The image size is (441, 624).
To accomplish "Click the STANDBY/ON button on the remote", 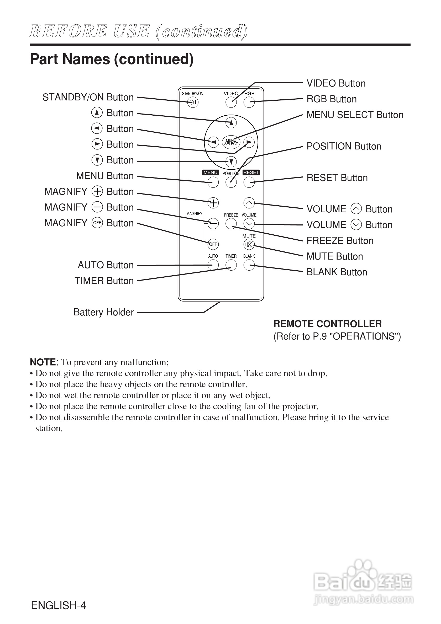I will [x=193, y=103].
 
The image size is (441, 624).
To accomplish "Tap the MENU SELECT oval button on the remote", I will [x=231, y=142].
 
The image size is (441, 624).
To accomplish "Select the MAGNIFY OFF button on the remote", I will [x=213, y=244].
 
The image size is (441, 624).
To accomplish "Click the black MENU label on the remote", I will [x=210, y=172].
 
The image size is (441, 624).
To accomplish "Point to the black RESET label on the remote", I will [x=251, y=172].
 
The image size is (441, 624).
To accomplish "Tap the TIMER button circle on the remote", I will [x=231, y=265].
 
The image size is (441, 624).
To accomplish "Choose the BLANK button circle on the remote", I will [x=249, y=265].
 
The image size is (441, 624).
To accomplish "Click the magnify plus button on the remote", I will [x=213, y=203].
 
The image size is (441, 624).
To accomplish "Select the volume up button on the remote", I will [x=249, y=203].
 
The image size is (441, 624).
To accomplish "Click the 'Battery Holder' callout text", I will [x=103, y=312].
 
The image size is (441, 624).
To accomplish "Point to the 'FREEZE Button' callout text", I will [x=340, y=241].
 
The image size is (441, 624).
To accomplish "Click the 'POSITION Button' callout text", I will [x=344, y=147].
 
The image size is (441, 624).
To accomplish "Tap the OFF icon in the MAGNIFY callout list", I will [x=97, y=223].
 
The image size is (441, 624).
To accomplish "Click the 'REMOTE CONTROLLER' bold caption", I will [x=328, y=324].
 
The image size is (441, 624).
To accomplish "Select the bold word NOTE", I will [x=43, y=362].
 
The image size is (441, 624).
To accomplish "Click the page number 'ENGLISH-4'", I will [x=59, y=605].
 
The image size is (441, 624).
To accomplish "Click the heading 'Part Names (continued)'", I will [x=112, y=59].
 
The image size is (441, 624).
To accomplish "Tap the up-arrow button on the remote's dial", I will [x=231, y=123].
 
